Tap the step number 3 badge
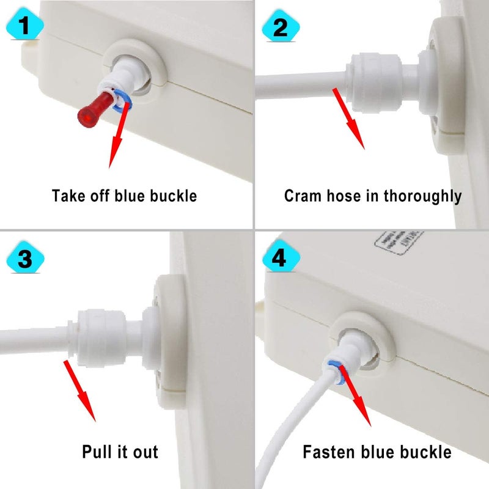pos(24,259)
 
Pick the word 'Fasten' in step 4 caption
pos(329,452)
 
